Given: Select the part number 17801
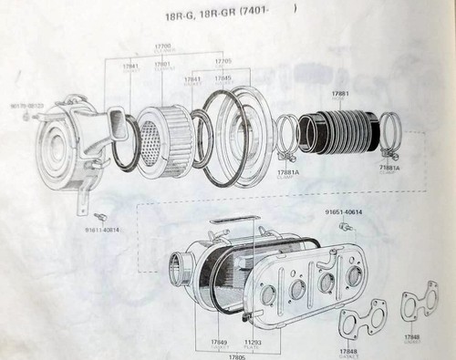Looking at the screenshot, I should point(163,64).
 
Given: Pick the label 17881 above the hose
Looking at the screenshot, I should point(340,93).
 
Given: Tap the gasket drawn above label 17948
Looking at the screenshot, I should point(419,304).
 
